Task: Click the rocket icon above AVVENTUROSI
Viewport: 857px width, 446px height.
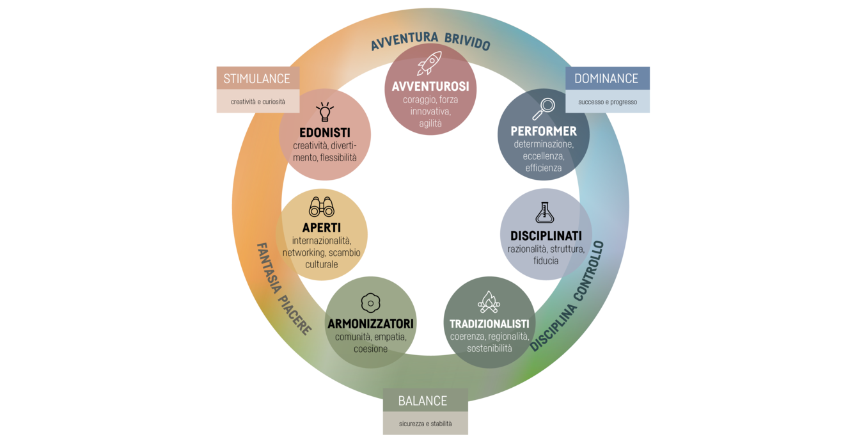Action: (429, 64)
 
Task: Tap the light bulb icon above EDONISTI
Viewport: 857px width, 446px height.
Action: (325, 112)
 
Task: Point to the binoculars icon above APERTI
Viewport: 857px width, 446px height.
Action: (322, 207)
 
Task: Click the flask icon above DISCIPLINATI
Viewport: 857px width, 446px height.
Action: (545, 212)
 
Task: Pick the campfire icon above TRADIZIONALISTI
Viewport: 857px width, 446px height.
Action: (489, 301)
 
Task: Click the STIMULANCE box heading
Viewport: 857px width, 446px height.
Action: (256, 79)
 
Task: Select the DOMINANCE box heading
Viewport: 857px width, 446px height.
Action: (606, 79)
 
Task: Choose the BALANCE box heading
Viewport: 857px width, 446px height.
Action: (423, 401)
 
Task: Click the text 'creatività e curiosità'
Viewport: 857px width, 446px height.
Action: (258, 102)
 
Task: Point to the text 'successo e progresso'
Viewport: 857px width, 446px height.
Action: (608, 102)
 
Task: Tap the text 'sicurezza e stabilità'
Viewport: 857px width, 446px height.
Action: (425, 424)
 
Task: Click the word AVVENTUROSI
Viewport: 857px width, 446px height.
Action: (430, 86)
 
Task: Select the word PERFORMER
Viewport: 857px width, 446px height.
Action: (544, 131)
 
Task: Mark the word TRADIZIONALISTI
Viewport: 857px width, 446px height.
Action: (489, 324)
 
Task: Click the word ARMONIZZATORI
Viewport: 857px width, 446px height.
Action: (370, 324)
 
